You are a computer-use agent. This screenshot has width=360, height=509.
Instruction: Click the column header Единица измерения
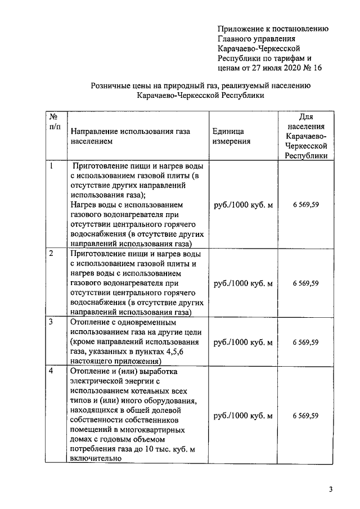(231, 136)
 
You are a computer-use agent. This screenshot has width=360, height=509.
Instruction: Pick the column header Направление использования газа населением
(130, 136)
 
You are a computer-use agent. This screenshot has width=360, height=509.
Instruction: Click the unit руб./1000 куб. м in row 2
(243, 283)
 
